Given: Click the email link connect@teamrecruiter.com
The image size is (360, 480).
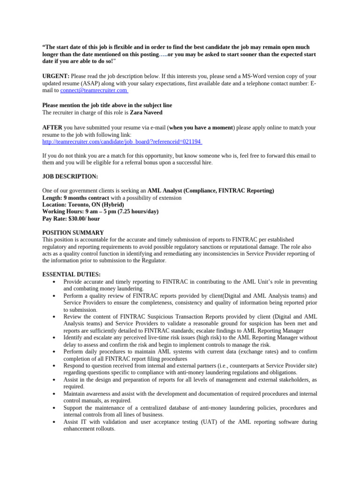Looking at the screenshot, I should pyautogui.click(x=94, y=90).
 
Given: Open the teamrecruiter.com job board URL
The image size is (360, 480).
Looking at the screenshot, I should pyautogui.click(x=122, y=141).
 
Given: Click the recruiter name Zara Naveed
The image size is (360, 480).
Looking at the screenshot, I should pyautogui.click(x=147, y=112).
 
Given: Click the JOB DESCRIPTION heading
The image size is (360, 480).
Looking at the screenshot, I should pyautogui.click(x=70, y=176).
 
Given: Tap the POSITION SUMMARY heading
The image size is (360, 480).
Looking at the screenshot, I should pyautogui.click(x=73, y=232).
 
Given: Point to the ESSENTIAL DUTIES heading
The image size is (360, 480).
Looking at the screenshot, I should pyautogui.click(x=71, y=274).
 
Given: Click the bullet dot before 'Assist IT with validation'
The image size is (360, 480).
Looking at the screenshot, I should pyautogui.click(x=55, y=422).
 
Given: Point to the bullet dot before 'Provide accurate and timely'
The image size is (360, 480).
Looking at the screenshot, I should pyautogui.click(x=55, y=282).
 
